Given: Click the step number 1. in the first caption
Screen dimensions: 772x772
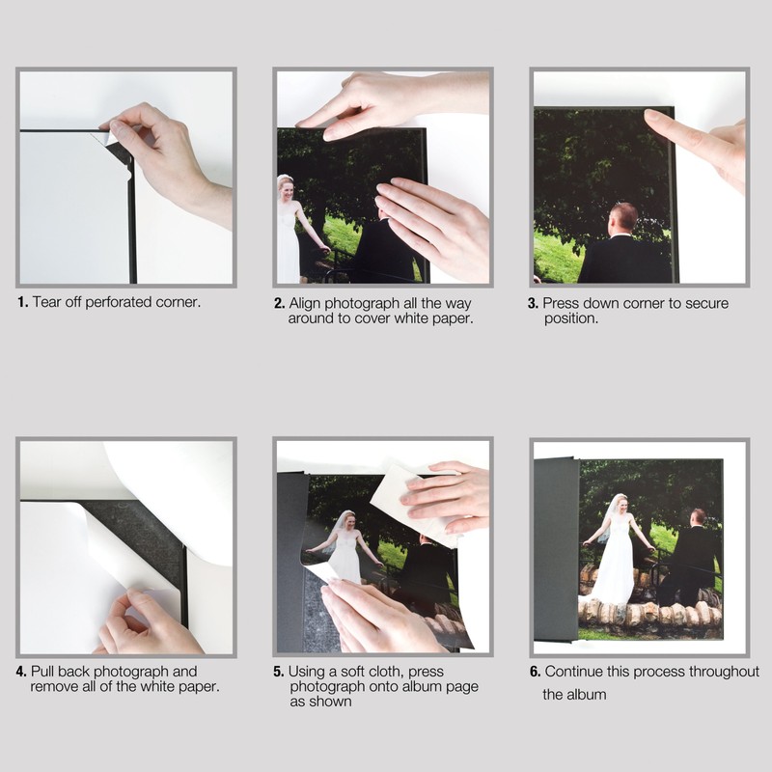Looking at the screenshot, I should coord(22,302).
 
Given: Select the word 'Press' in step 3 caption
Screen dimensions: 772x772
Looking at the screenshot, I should coord(563,303).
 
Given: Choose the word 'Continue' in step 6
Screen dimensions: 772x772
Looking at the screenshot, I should coord(574,672).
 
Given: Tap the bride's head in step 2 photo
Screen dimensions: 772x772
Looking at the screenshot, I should coord(286,183).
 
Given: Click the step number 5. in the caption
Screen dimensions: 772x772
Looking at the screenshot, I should coord(279,672).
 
